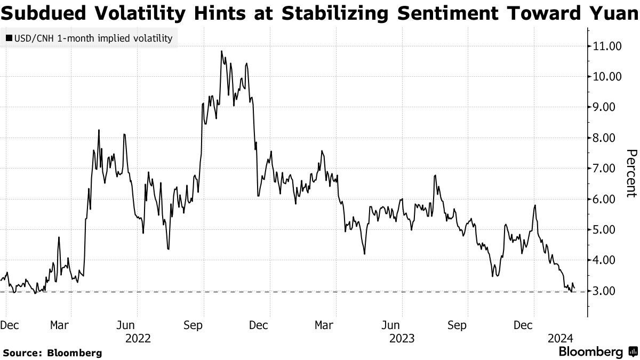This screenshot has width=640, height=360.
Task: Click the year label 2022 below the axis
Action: [x=138, y=338]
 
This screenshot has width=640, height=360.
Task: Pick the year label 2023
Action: [x=402, y=338]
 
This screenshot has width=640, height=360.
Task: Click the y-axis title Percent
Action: [x=631, y=173]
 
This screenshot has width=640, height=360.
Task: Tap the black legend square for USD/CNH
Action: [x=9, y=39]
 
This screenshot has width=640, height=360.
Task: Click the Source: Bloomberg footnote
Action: [x=52, y=353]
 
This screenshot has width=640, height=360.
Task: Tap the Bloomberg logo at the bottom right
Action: [x=597, y=352]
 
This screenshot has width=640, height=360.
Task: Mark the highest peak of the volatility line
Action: [x=221, y=51]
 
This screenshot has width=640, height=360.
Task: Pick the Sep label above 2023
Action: [x=457, y=325]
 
